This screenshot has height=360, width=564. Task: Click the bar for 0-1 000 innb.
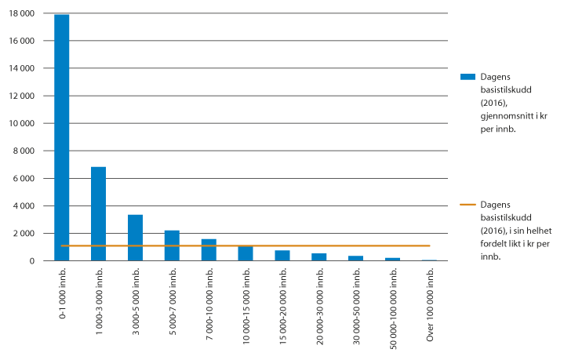[x=62, y=137]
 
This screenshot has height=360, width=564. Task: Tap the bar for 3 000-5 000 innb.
[x=136, y=237]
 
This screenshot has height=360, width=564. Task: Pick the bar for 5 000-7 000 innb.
[x=172, y=245]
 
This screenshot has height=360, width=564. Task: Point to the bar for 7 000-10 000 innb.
[x=209, y=249]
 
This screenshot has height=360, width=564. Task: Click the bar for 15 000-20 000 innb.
[x=282, y=255]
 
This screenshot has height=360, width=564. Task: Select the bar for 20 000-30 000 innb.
[x=319, y=256]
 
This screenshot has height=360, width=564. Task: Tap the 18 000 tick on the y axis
[x=24, y=14]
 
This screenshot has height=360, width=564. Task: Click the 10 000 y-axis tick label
[x=24, y=124]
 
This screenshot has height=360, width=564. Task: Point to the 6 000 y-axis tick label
[x=27, y=179]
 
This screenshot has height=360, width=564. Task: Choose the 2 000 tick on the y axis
[x=27, y=234]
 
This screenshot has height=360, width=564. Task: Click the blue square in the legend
[x=468, y=76]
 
